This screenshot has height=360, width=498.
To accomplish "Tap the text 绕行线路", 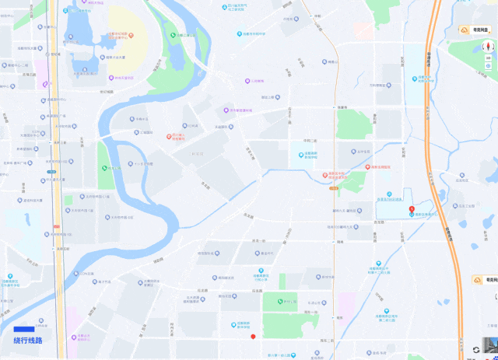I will click(28, 341).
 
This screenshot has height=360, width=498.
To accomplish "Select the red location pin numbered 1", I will click(412, 209).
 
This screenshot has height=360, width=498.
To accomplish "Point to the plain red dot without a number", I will click(253, 336).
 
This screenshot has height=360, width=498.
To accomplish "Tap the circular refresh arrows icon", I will click(476, 351).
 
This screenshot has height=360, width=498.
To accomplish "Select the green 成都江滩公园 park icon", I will click(173, 34).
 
